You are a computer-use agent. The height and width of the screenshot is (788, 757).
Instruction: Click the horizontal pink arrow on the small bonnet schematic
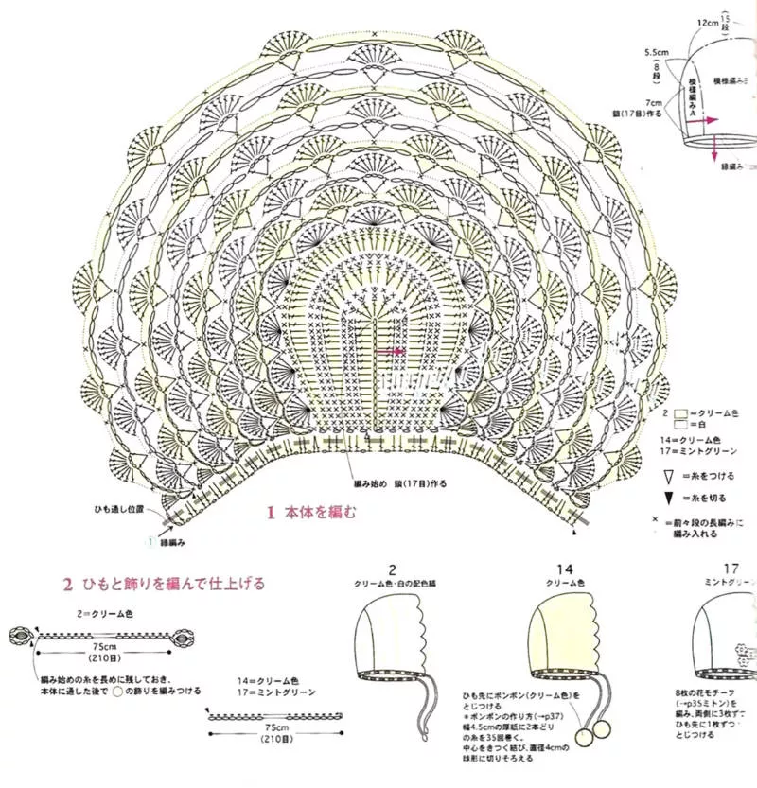coord(711,121)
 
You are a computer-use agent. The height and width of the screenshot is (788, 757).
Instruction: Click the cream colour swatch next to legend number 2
coord(680,413)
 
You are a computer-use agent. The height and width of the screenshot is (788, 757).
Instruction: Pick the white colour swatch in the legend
coord(680,425)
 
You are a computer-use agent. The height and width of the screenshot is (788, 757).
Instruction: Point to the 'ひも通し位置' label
coord(118,509)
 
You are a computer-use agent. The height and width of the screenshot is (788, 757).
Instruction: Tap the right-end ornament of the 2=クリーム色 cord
coord(179,636)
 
